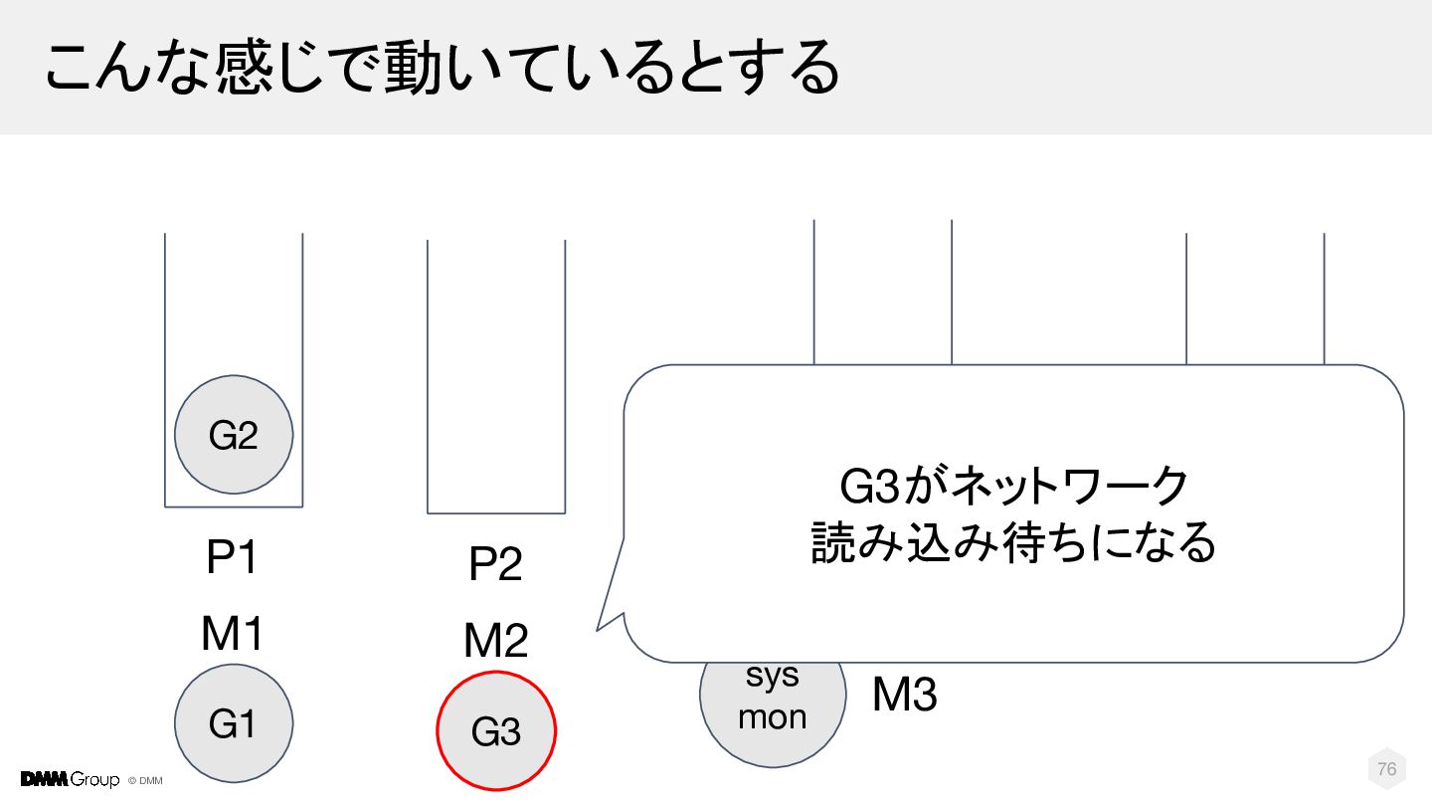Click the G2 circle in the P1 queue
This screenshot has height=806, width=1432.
234,435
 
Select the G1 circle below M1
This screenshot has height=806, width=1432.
234,723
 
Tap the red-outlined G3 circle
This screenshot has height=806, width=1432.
496,731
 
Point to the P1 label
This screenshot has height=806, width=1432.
232,559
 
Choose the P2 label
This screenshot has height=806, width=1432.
495,566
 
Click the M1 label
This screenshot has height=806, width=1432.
232,633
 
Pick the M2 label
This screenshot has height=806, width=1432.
495,642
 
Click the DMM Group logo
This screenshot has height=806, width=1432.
70,779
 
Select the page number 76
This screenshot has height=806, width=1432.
1386,769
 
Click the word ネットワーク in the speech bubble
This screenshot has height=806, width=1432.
1070,487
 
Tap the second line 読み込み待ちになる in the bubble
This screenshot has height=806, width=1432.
1013,543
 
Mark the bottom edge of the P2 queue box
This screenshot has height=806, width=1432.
496,512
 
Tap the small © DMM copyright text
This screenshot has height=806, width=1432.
145,780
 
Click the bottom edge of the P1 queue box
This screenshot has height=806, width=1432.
234,506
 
